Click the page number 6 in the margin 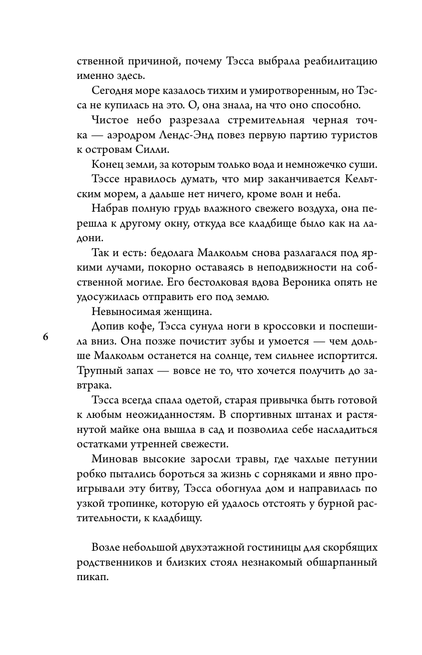point(45,337)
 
